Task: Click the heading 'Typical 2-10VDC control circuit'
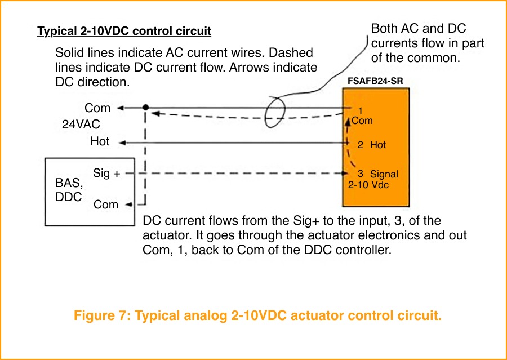[124, 31]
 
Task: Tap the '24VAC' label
[81, 125]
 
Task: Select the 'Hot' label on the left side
[100, 141]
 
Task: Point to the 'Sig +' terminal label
[106, 173]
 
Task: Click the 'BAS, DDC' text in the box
[69, 190]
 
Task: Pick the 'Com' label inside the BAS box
[105, 205]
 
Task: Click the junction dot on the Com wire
[146, 107]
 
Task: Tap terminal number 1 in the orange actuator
[360, 111]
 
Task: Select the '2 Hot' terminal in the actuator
[371, 145]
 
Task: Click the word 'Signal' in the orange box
[384, 175]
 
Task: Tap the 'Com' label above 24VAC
[97, 108]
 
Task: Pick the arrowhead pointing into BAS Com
[129, 205]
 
